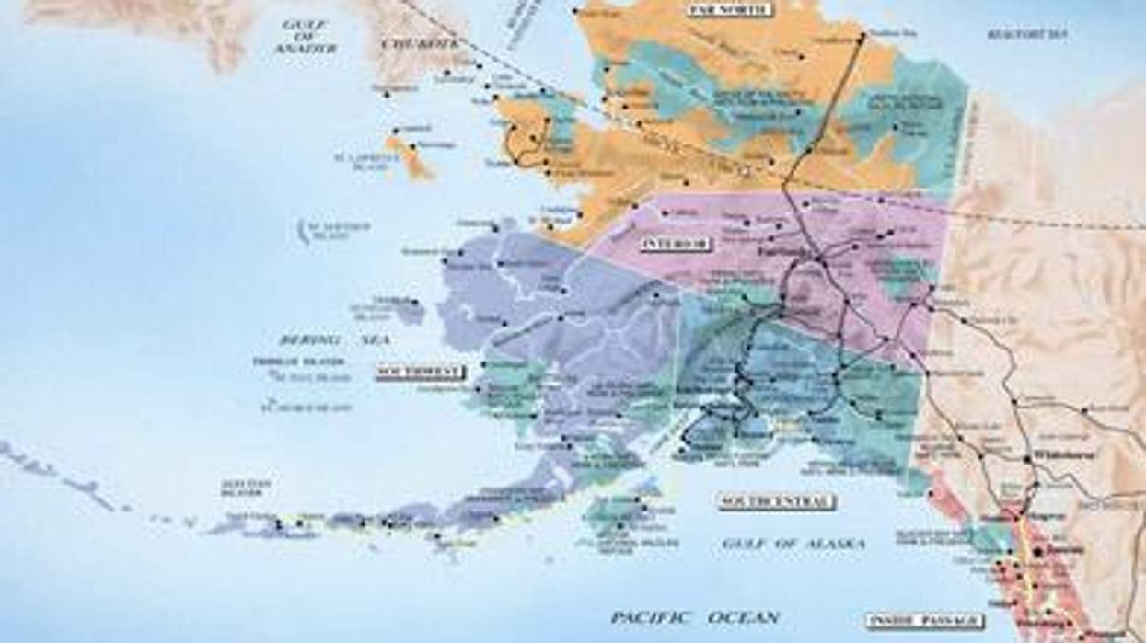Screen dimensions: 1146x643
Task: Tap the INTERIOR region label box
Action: pos(677,244)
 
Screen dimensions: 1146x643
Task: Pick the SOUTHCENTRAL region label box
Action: pos(777,501)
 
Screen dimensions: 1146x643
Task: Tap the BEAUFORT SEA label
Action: pos(1027,34)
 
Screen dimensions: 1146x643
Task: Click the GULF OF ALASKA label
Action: pos(793,544)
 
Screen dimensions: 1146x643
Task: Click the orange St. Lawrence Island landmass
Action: pos(411,156)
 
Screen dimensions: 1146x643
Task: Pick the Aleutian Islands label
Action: pos(246,487)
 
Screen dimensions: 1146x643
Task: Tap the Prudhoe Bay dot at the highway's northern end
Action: pos(862,37)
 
